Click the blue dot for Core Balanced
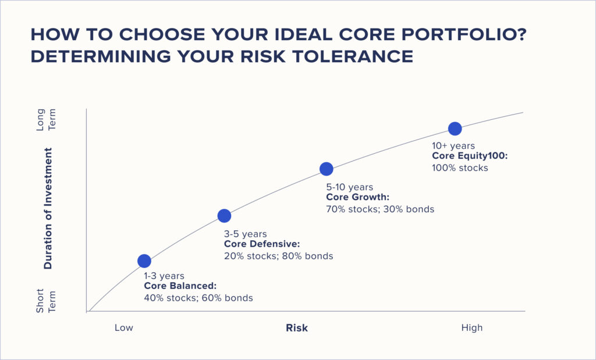point(144,261)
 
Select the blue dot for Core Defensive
point(224,216)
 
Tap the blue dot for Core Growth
point(327,169)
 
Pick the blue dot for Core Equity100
point(455,129)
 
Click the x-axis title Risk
point(297,327)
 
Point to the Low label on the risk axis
point(124,327)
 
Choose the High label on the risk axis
point(471,327)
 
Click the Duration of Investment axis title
point(48,208)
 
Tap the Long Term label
point(46,120)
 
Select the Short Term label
point(46,301)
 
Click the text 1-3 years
point(164,276)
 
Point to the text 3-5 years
point(246,234)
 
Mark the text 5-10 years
point(350,187)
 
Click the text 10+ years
point(453,146)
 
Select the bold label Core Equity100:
point(470,156)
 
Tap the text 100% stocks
point(460,168)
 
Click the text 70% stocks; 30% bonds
point(380,209)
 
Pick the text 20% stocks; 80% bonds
point(279,256)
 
